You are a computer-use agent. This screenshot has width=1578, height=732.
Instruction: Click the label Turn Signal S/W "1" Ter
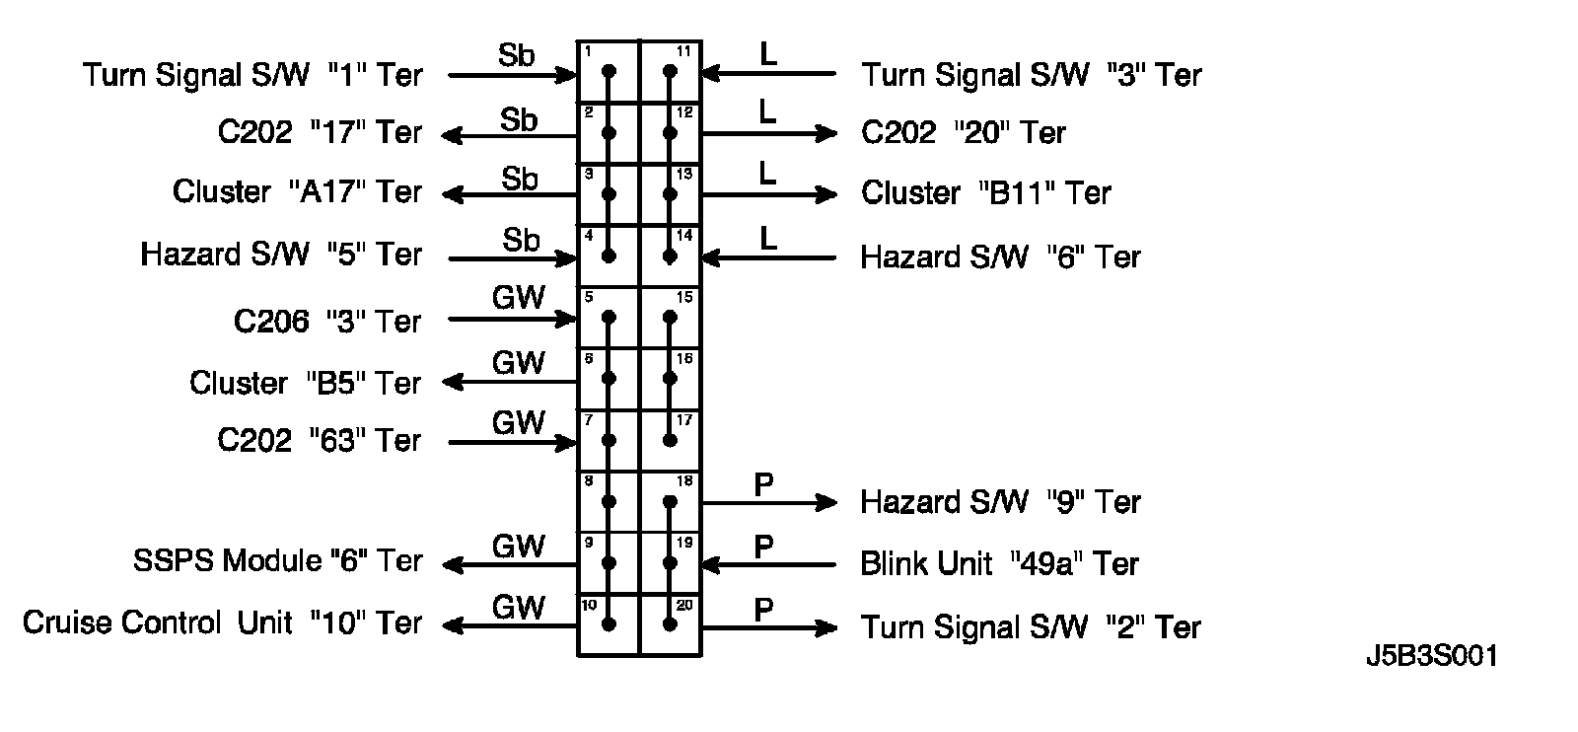pos(252,75)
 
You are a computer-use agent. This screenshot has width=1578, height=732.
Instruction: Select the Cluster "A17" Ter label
pos(297,191)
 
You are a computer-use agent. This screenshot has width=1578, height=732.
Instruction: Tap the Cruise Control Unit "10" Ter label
pos(222,622)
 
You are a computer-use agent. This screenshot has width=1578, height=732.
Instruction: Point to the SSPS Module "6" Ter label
pos(277,560)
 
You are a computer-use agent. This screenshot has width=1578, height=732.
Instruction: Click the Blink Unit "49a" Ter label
pos(999,563)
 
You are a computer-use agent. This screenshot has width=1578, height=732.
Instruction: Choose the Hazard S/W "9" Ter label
pos(1000,502)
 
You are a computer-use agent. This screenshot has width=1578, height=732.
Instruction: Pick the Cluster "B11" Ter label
pos(985,192)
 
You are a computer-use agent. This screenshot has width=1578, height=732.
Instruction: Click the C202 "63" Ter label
pos(319,440)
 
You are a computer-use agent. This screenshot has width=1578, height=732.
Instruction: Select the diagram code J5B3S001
pos(1432,657)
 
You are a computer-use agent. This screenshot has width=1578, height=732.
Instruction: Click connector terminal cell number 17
pos(671,440)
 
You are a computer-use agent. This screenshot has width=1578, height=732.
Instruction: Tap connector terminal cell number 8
pos(609,501)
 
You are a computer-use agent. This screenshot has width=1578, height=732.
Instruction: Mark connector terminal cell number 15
pos(671,317)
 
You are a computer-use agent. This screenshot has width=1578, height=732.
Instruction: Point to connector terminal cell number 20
pos(671,623)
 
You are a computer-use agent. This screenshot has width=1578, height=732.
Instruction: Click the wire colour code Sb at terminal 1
pos(516,55)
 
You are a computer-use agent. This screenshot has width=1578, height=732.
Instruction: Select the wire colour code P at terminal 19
pos(763,547)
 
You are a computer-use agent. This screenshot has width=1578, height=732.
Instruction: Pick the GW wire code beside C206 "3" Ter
pos(518,298)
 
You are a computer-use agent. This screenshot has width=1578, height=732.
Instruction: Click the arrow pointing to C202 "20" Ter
pos(769,133)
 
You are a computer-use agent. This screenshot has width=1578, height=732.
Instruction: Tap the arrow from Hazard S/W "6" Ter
pos(769,257)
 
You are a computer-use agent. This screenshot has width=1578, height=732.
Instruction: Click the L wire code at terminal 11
pos(768,53)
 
